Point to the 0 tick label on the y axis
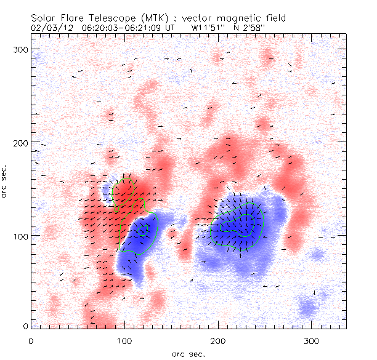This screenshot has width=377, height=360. click(25, 326)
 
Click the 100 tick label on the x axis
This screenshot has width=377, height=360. click(125, 340)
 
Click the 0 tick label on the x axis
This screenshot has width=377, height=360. click(31, 340)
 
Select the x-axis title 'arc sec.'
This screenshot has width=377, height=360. click(188, 353)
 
